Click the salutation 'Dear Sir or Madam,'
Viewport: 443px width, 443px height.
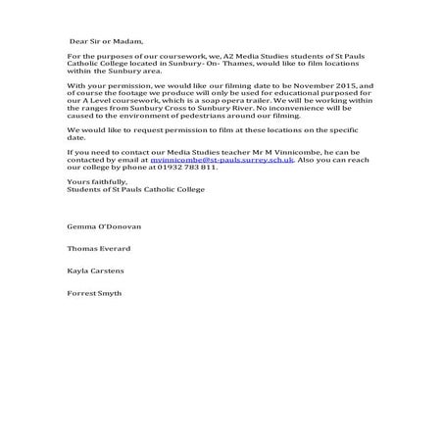[x=106, y=42]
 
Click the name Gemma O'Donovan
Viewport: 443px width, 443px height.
[x=104, y=226]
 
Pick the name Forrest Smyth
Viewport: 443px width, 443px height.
[x=95, y=293]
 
